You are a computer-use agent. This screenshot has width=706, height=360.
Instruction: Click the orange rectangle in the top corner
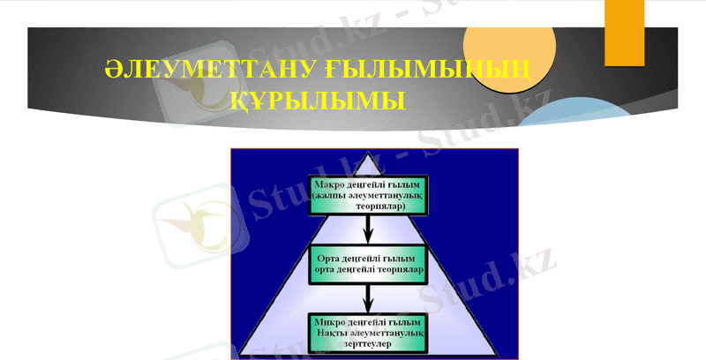(x=626, y=32)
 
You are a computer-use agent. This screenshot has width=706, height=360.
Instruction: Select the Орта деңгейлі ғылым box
(x=369, y=263)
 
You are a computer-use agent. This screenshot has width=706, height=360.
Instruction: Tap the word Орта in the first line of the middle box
(x=327, y=258)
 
